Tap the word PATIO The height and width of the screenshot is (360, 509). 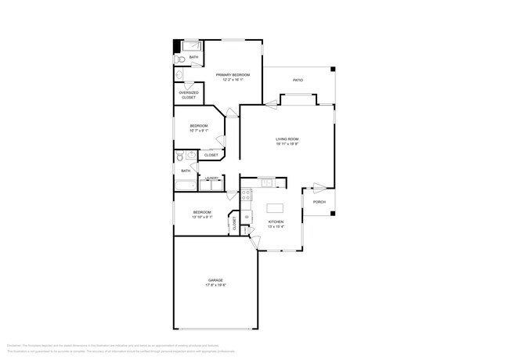[x=298, y=79]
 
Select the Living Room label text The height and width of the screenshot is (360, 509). [x=287, y=140]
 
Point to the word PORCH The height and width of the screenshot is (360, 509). [x=319, y=202]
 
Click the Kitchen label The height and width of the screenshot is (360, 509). [x=276, y=222]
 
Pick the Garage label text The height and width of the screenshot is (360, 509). [x=216, y=280]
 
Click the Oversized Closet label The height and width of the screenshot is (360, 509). [x=189, y=95]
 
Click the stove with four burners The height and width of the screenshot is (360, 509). [x=245, y=193]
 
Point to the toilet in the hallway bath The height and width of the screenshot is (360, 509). [x=179, y=157]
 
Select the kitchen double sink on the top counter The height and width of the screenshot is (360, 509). [x=266, y=183]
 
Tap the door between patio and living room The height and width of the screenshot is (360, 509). [x=271, y=103]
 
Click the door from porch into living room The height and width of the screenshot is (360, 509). [x=319, y=187]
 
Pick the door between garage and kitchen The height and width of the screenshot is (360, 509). [x=254, y=242]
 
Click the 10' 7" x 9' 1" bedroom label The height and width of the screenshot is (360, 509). [x=199, y=128]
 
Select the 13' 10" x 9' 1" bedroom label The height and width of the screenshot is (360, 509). [x=202, y=214]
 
